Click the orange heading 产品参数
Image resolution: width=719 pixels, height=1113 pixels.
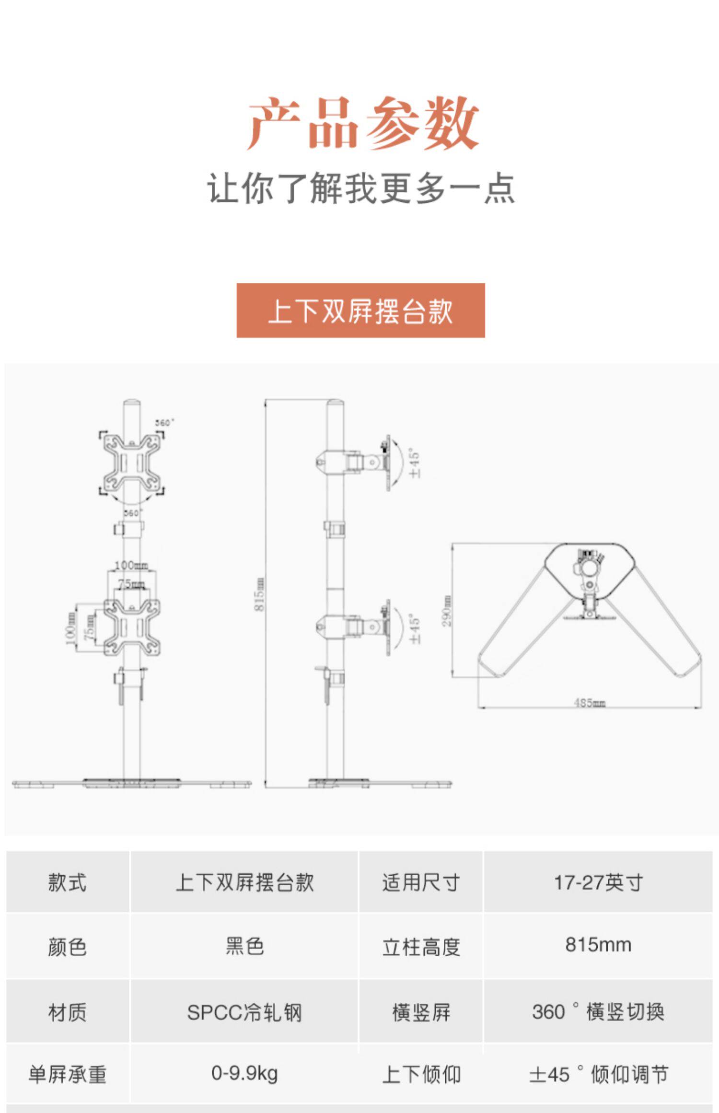coord(362,123)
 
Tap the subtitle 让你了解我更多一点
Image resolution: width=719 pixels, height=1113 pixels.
coord(361,188)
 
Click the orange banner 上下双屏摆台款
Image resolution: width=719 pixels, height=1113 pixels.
coord(360,311)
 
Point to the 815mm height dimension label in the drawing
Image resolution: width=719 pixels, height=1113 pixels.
coord(259,594)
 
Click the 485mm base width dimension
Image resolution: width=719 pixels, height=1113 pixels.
coord(590,703)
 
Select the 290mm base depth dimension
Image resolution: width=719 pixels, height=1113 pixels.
coord(446,611)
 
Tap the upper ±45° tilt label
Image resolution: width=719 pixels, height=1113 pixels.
coord(415,463)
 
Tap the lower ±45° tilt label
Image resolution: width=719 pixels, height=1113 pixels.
coord(415,628)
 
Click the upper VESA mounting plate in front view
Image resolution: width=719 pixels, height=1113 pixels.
coord(132,463)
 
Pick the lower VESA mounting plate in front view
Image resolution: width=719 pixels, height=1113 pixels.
coord(132,627)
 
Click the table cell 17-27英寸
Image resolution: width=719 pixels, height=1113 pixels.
coord(598,882)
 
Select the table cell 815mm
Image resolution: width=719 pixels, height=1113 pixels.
coord(598,945)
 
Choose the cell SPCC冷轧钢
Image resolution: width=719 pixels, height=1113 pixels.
coord(244,1012)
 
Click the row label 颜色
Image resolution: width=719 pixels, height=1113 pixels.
coord(67,947)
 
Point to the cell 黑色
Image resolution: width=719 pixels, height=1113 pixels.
coord(244,946)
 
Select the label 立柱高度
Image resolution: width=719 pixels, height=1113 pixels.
coord(421,947)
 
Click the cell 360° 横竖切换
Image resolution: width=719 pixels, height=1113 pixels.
coord(598,1012)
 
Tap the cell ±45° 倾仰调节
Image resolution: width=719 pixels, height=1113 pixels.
coord(598,1074)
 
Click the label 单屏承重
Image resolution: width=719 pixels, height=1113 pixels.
coord(67,1074)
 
